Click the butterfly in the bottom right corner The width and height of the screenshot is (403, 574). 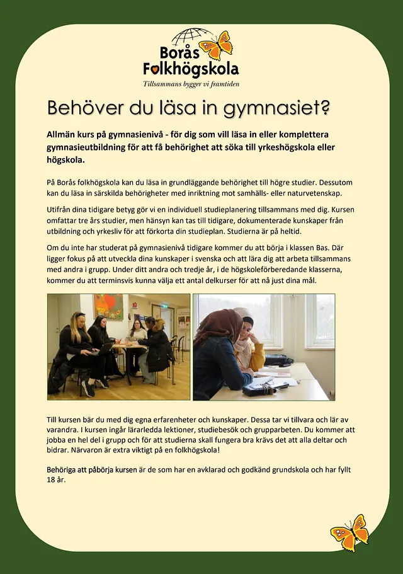tap(350, 533)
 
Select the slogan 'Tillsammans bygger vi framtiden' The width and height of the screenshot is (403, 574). tap(191, 84)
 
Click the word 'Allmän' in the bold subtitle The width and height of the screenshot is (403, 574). tap(62, 135)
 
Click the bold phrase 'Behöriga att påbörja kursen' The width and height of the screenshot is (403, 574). tap(91, 470)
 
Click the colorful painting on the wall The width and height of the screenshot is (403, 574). tap(109, 307)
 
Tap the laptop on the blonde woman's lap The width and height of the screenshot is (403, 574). tap(103, 348)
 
